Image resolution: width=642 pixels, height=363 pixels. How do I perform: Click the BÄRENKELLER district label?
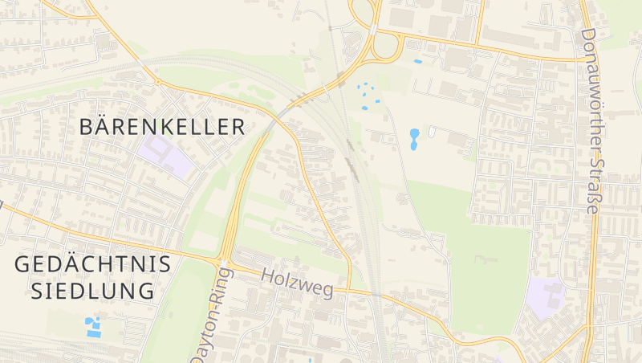(x=163, y=127)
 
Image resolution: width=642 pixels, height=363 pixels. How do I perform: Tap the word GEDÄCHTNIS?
(x=93, y=264)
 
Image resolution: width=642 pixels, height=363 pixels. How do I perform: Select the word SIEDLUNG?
(x=93, y=291)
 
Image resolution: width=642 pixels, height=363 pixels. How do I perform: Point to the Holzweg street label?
(x=297, y=283)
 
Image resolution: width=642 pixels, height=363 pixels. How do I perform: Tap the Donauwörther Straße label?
(x=589, y=120)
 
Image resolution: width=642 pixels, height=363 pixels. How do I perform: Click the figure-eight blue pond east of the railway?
(x=414, y=139)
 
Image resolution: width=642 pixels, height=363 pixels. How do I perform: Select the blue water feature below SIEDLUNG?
(x=94, y=327)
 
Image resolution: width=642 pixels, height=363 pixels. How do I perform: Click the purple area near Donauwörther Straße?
(x=546, y=297)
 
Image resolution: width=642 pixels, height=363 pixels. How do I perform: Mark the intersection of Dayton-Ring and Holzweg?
(x=221, y=261)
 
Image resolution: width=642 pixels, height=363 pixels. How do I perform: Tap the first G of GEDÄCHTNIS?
(x=23, y=264)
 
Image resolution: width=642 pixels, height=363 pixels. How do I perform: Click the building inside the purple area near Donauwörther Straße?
(x=551, y=295)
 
